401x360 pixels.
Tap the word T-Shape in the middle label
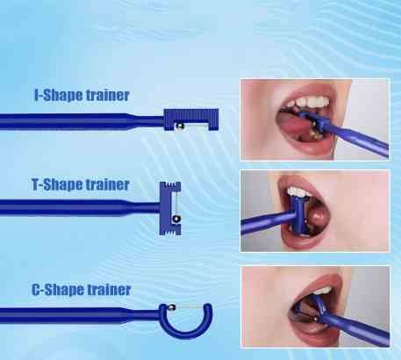point(56,184)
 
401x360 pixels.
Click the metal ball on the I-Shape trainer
point(179,126)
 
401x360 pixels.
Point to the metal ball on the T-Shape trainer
point(176,219)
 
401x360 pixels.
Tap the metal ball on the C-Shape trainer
point(171,307)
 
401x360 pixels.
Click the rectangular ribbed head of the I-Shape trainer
point(191,115)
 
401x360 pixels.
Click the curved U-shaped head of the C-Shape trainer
point(185,330)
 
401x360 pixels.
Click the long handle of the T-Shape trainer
point(80,207)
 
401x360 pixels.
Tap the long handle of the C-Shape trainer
point(80,315)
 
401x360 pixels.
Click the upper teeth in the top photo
point(307,103)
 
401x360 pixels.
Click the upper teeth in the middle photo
point(298,192)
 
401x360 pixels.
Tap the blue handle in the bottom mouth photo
point(354,328)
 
